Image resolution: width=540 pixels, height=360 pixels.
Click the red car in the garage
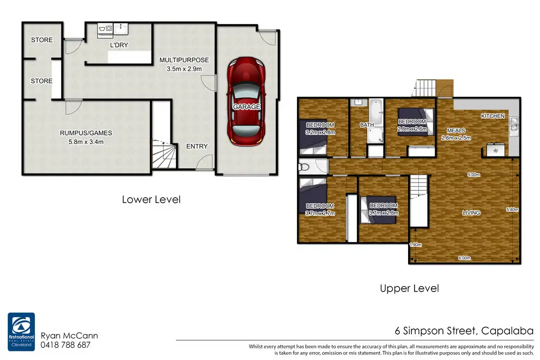(x=246, y=102)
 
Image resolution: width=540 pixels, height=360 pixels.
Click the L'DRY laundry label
(x=119, y=45)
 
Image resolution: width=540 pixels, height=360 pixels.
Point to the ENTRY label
(x=197, y=147)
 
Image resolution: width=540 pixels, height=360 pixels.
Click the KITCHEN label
(x=493, y=116)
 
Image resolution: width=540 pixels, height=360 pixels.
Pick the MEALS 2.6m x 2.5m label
(x=456, y=134)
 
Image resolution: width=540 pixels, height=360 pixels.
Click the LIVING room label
(x=471, y=213)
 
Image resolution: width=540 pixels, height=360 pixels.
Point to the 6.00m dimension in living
(x=465, y=258)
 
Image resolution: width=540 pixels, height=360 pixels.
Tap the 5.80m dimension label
(x=512, y=210)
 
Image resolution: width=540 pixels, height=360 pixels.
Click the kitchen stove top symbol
(x=496, y=150)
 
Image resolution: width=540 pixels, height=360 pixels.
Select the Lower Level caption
(x=151, y=199)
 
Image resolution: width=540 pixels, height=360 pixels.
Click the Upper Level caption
(x=409, y=288)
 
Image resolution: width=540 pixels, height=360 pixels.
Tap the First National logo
(x=21, y=332)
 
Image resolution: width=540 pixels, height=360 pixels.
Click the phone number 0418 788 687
(x=65, y=345)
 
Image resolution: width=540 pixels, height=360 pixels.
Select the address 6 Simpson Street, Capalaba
(x=464, y=330)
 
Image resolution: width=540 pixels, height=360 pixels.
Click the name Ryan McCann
(x=69, y=336)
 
